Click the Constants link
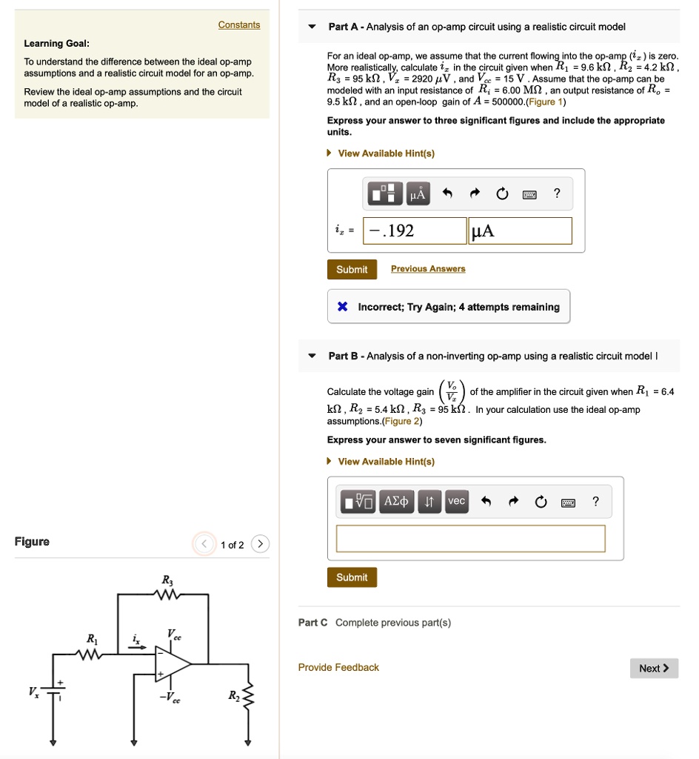coord(238,25)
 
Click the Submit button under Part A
coord(352,270)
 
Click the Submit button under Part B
coord(352,577)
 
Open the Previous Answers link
coord(428,269)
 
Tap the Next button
coord(654,669)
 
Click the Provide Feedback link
coord(338,668)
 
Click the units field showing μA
coord(520,231)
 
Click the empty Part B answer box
coord(470,539)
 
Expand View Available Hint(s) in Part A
coord(385,153)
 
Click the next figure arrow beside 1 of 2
coord(260,545)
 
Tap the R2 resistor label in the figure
coord(233,695)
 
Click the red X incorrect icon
coord(342,307)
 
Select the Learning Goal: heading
coord(48,43)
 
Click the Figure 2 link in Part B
coord(400,421)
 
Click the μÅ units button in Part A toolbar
coord(418,194)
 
